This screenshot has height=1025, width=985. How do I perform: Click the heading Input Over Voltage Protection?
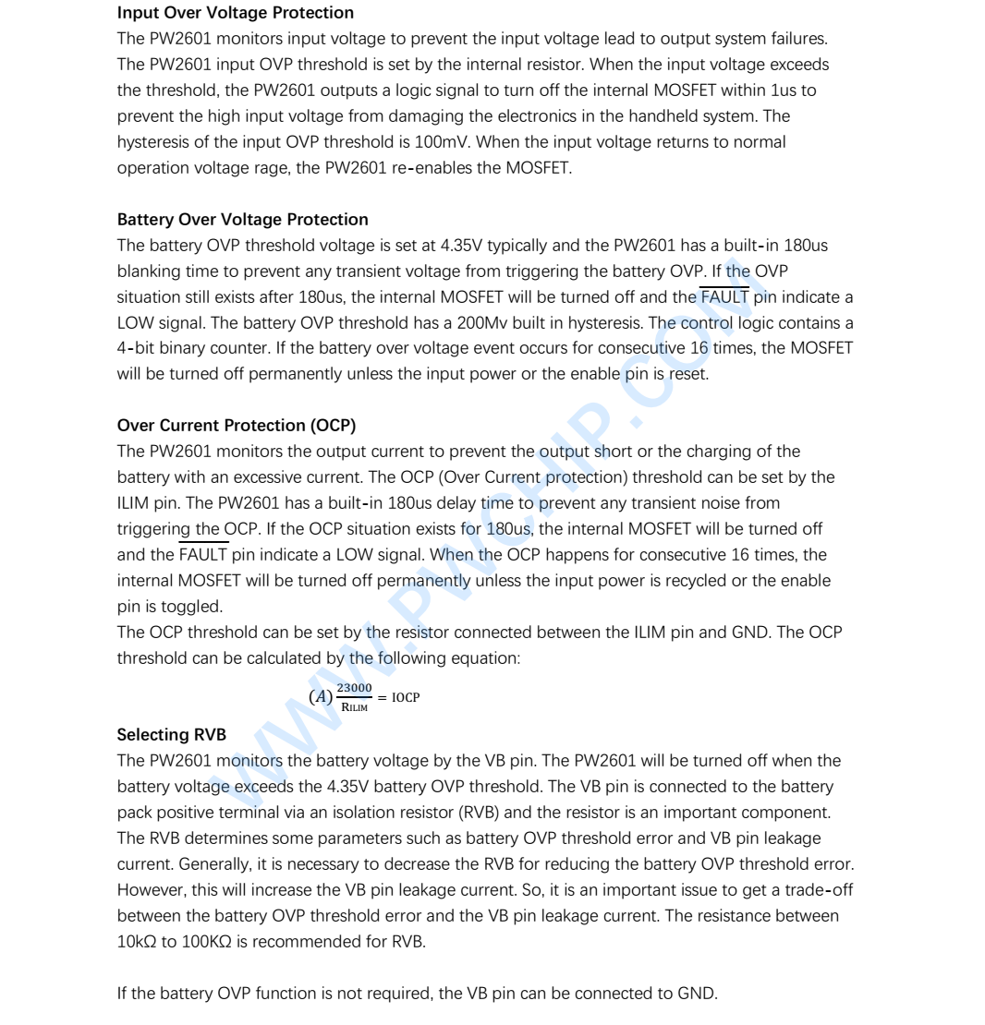click(x=236, y=14)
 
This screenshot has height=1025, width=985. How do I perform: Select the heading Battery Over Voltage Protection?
click(x=242, y=220)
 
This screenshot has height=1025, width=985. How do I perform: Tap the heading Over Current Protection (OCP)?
click(x=237, y=426)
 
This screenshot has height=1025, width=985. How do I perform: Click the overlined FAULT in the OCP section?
click(x=202, y=555)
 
